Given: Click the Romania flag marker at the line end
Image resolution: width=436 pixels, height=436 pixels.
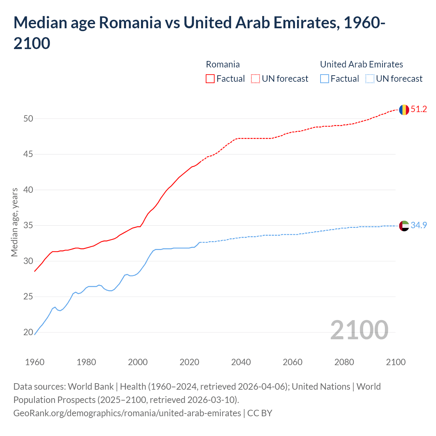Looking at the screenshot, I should (404, 110).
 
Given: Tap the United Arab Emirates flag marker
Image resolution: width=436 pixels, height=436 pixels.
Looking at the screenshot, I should (404, 226).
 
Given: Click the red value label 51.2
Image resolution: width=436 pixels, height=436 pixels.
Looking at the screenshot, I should (419, 109).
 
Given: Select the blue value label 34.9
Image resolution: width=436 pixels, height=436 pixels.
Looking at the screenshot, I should (419, 225).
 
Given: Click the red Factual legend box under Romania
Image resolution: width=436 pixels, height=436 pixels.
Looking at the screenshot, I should (210, 79).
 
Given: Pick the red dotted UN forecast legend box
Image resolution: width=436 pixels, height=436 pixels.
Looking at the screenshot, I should (255, 79).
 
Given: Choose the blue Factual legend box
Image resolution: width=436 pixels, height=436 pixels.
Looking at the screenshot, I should (325, 79).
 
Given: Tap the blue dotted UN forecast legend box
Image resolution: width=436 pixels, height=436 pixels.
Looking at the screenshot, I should (370, 79).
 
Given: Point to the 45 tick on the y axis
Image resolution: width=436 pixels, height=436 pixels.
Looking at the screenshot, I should (28, 154).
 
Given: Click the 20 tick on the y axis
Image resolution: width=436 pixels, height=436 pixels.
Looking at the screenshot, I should (28, 332).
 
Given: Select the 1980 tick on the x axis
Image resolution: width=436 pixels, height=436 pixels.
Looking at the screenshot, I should (87, 362).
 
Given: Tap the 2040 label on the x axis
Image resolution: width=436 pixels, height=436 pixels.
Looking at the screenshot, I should (241, 362).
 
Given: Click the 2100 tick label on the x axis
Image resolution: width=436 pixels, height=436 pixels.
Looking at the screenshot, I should (396, 362).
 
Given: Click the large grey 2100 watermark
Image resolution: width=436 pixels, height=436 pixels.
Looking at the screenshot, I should (359, 330).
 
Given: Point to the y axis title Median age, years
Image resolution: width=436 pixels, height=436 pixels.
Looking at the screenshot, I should (15, 222).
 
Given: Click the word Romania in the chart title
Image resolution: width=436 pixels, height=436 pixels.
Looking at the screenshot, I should (130, 23).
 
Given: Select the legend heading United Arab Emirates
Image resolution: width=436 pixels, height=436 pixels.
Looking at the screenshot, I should (361, 64).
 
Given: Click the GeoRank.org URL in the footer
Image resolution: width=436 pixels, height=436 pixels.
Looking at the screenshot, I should (127, 413).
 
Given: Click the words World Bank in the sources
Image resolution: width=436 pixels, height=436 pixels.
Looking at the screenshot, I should (91, 387).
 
